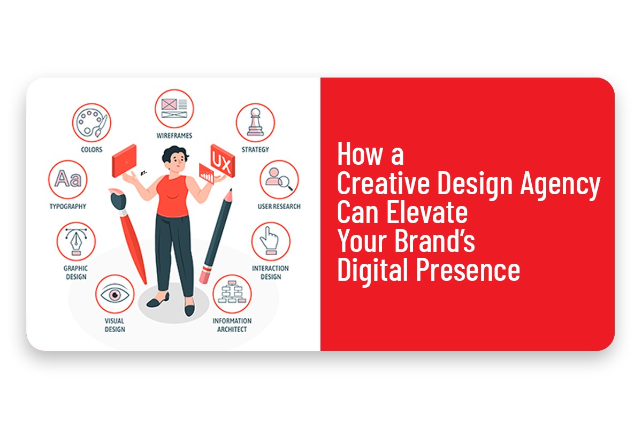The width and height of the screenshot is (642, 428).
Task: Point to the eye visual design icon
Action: (115, 294)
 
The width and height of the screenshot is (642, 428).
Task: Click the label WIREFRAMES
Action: (174, 136)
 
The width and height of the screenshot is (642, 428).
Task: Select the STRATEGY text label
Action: (255, 150)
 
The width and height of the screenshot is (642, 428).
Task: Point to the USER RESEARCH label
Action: (279, 207)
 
